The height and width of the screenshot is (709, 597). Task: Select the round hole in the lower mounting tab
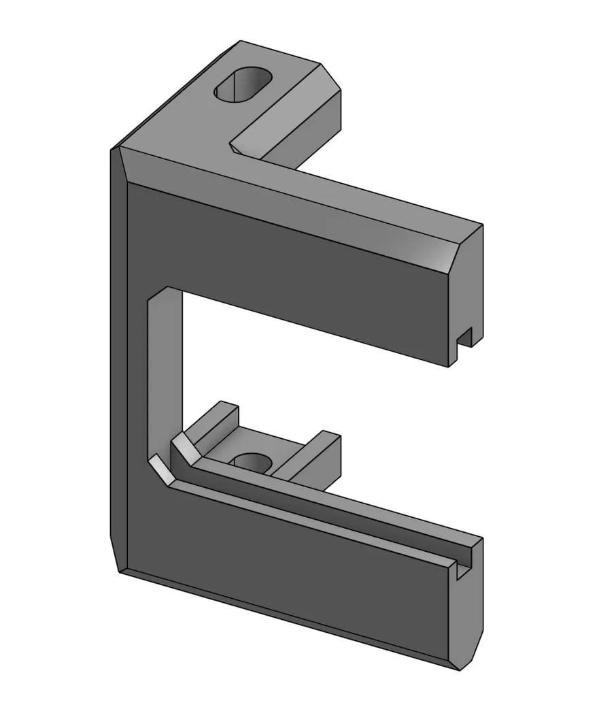point(251,463)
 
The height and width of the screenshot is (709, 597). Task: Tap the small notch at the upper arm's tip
point(465,337)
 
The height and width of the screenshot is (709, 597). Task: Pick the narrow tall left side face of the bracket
point(118,354)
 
